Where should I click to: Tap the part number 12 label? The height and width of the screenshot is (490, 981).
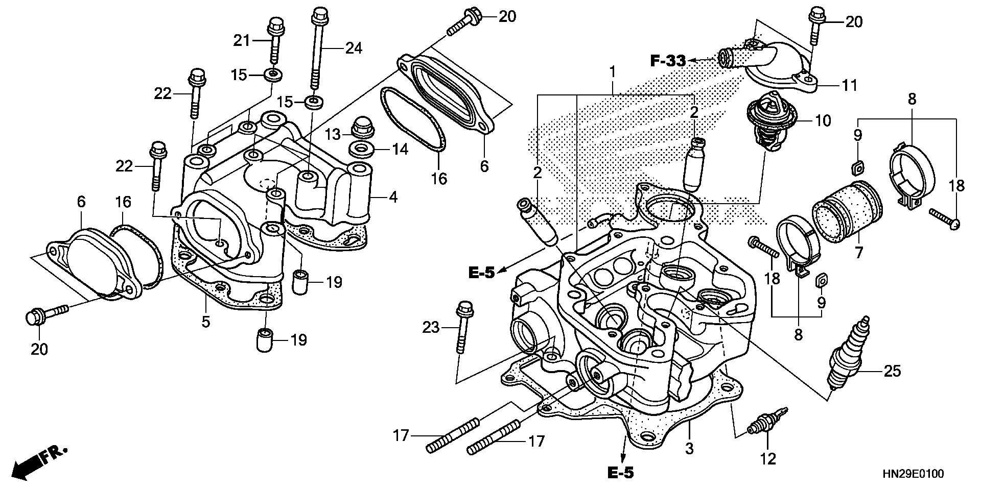click(x=768, y=459)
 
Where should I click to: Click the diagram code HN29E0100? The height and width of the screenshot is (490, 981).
click(x=912, y=474)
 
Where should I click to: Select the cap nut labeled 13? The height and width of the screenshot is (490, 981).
click(x=362, y=128)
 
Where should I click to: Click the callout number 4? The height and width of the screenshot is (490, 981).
click(x=393, y=197)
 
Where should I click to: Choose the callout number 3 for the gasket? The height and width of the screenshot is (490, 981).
click(x=689, y=449)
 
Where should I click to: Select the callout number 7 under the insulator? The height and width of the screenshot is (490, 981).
click(x=858, y=252)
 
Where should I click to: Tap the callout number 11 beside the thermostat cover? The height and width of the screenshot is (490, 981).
click(x=849, y=85)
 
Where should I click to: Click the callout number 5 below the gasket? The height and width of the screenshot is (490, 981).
click(x=205, y=322)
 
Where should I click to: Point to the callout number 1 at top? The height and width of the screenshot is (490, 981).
click(x=612, y=71)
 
